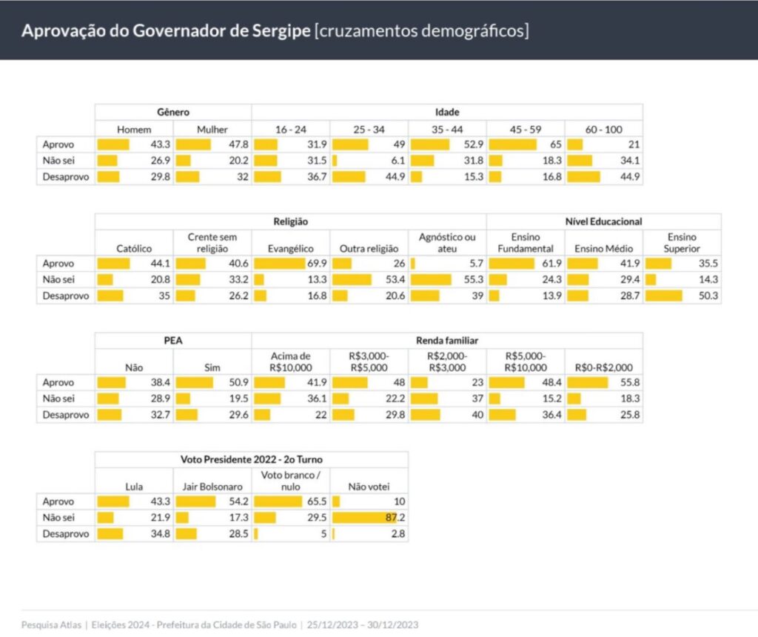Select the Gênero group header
tap(173, 112)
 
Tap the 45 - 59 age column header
tap(526, 129)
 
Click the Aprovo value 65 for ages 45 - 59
tap(552, 144)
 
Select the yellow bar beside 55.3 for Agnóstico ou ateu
tap(431, 280)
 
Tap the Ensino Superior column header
tap(682, 243)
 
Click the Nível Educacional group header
tap(603, 221)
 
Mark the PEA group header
tap(173, 340)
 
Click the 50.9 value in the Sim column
tap(238, 383)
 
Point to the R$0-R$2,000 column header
tap(603, 367)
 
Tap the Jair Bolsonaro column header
tap(212, 487)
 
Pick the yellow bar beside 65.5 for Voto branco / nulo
tap(275, 502)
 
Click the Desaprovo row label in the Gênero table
tap(65, 177)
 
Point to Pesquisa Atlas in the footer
tap(51, 624)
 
